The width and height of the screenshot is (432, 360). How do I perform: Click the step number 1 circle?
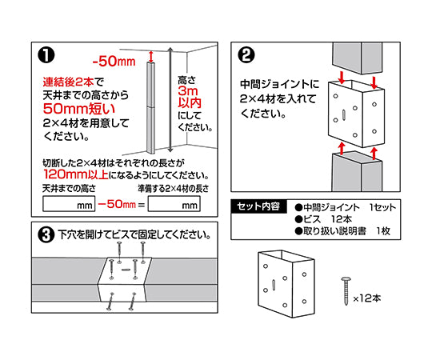coord(46,55)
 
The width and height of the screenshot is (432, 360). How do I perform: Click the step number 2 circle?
coord(246,55)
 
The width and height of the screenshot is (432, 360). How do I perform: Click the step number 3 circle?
coord(46,235)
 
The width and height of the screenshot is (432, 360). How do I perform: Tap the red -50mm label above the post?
coord(114,61)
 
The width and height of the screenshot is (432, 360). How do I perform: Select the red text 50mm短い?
coord(78,109)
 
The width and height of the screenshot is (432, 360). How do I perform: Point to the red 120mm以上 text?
coord(76,174)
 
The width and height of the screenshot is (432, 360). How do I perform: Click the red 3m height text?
coord(188,90)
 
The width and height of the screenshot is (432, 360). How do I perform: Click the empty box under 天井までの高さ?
coord(69,204)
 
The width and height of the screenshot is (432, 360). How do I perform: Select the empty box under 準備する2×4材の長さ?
coord(174,204)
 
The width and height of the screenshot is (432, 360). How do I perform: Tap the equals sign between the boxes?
coord(142,205)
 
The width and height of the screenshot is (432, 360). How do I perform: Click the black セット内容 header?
coord(258,206)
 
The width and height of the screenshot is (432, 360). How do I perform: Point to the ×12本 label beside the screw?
coord(367,298)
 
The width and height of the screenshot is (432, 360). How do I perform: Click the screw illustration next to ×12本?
coord(346,291)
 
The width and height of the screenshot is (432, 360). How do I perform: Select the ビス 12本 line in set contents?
coord(323,219)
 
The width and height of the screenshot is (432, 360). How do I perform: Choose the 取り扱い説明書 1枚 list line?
coord(342,231)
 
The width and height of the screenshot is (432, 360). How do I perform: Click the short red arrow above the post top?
coord(150,57)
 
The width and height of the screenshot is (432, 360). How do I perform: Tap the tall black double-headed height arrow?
coord(170,100)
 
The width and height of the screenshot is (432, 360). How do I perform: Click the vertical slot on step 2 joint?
coord(344,115)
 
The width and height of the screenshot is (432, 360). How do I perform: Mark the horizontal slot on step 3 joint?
coord(126,270)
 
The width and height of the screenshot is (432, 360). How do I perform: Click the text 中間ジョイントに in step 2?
coord(279,84)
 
